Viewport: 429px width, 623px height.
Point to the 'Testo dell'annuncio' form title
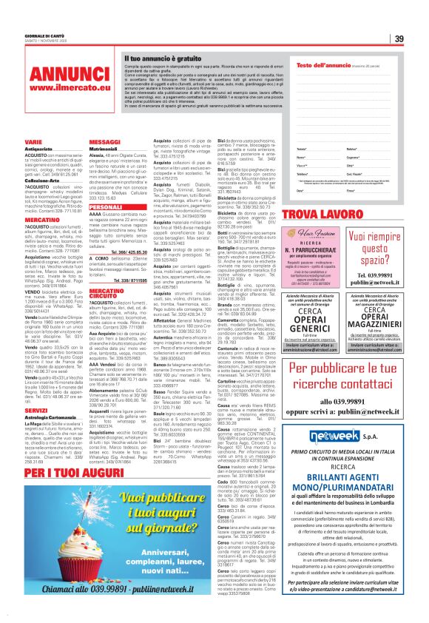(x=307, y=66)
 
